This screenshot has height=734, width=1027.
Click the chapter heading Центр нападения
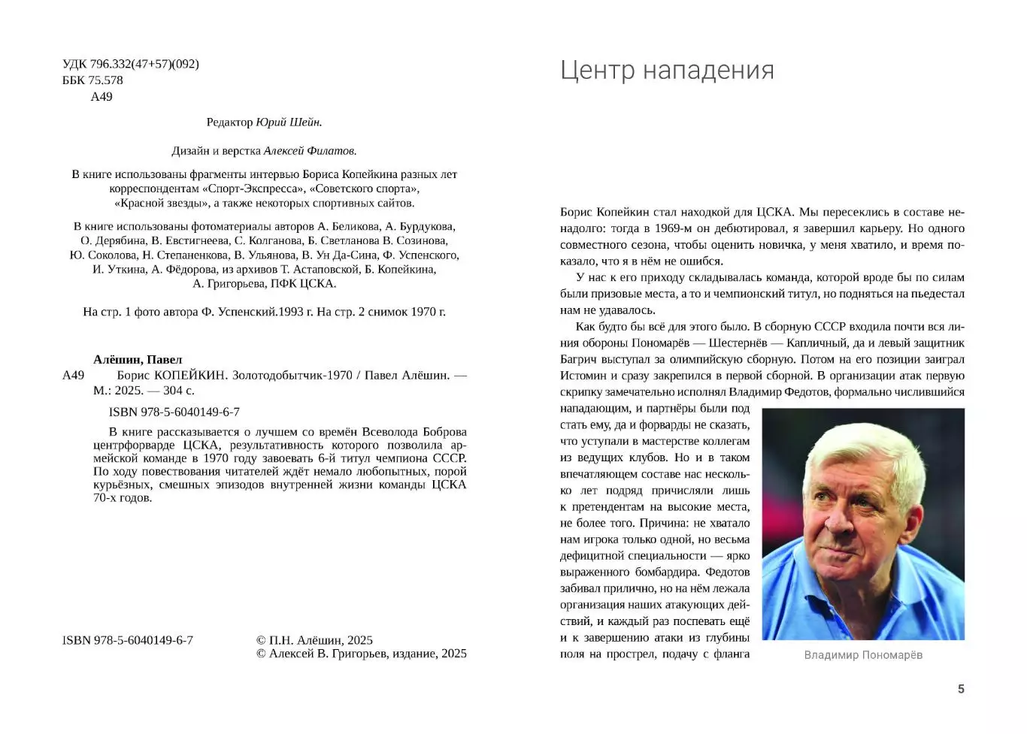[x=667, y=70]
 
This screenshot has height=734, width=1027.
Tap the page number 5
[x=960, y=689]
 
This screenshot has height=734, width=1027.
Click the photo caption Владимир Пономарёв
[x=862, y=655]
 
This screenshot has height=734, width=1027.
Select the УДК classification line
[x=131, y=64]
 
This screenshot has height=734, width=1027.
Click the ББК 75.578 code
[x=92, y=80]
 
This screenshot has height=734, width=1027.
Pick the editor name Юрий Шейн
[x=289, y=122]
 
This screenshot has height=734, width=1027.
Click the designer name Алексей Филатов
[x=310, y=150]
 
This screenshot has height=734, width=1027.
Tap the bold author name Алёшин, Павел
[x=138, y=359]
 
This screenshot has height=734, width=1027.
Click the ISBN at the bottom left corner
[x=128, y=640]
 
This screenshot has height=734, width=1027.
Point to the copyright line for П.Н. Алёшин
[x=314, y=640]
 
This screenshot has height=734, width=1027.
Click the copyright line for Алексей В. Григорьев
[x=361, y=654]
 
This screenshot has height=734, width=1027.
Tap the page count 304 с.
[x=179, y=391]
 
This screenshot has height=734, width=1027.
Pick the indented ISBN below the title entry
[x=174, y=412]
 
